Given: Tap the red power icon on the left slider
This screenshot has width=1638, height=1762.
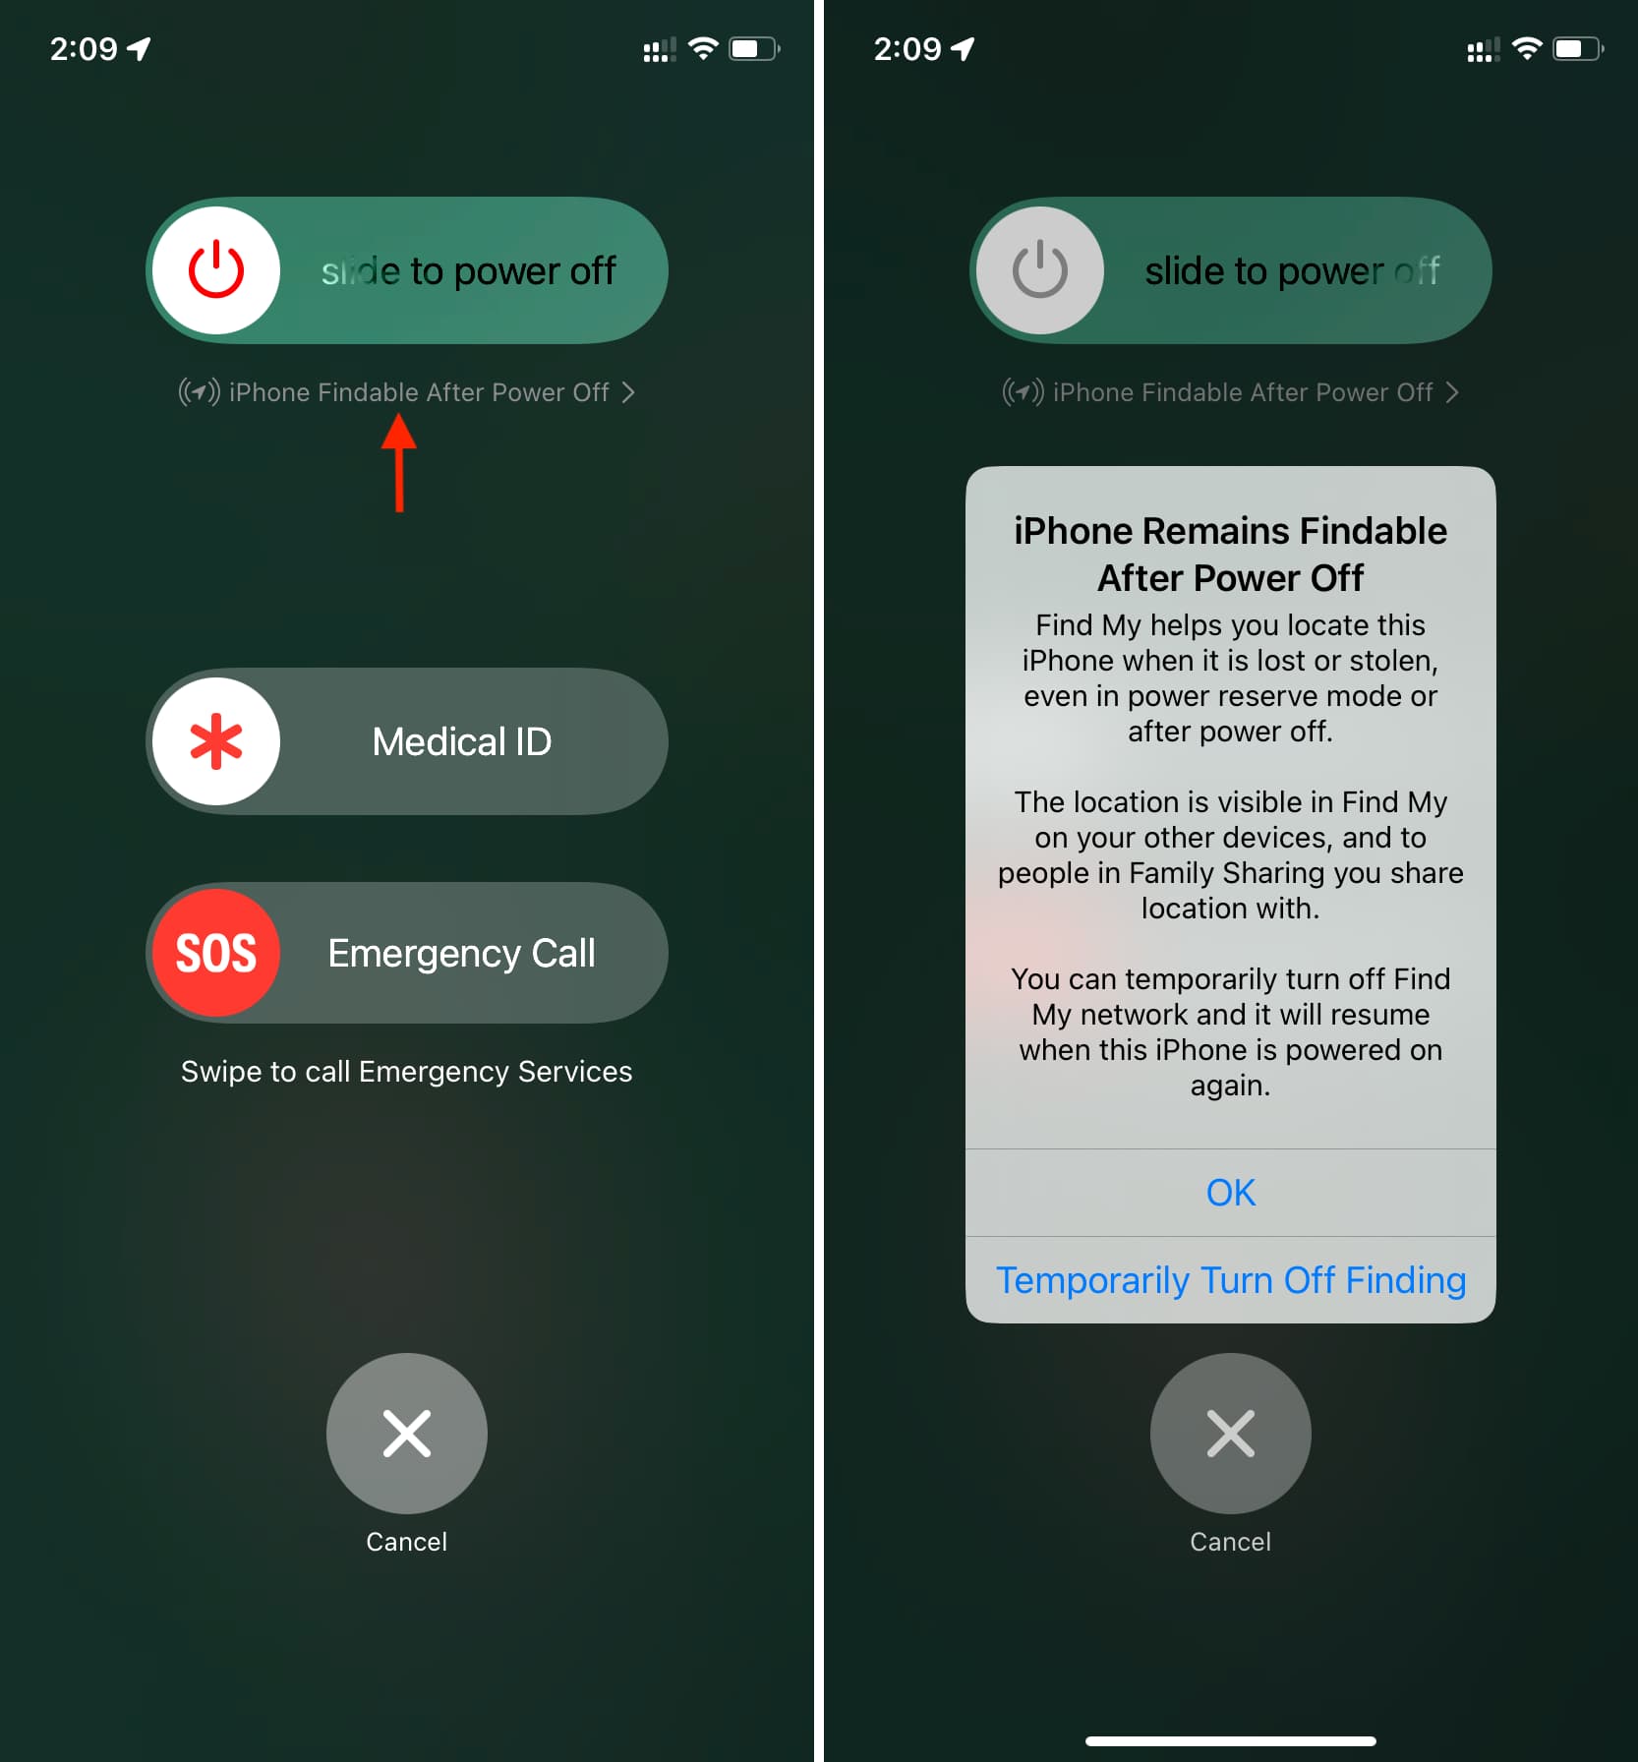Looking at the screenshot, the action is [x=216, y=270].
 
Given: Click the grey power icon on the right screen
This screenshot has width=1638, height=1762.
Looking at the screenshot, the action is [x=1040, y=270].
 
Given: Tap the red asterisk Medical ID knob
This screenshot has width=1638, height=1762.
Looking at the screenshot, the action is [x=216, y=741].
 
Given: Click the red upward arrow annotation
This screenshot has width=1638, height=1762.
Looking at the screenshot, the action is [x=399, y=462].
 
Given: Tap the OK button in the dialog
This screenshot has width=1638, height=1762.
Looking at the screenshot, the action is [x=1231, y=1193].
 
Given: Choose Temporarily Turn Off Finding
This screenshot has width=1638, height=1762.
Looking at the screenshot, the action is [x=1231, y=1280].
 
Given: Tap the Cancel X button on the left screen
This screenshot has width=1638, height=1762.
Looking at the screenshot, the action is [x=407, y=1433].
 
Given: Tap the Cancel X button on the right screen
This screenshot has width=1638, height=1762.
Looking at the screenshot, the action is [x=1231, y=1433].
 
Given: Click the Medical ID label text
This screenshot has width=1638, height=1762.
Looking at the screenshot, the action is [x=462, y=741].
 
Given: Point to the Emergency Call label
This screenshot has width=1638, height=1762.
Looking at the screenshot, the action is [x=461, y=953].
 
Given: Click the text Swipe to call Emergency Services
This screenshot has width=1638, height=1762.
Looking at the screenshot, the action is [x=407, y=1072].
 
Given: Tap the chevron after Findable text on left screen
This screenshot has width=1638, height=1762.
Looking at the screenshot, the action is [x=628, y=392].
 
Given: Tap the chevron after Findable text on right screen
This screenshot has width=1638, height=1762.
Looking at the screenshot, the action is [x=1452, y=392].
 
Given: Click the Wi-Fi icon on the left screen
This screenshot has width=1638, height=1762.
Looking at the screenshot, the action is [x=703, y=48].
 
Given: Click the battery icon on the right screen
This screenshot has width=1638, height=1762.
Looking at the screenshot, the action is [x=1579, y=48].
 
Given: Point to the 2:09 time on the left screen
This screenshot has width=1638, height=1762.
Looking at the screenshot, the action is [x=84, y=48].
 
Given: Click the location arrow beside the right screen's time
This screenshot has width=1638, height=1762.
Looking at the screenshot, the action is [x=963, y=48].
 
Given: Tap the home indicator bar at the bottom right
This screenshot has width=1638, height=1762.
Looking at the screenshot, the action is [x=1231, y=1741].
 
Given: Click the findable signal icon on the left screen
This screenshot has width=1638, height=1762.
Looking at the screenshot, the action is [x=199, y=392].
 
